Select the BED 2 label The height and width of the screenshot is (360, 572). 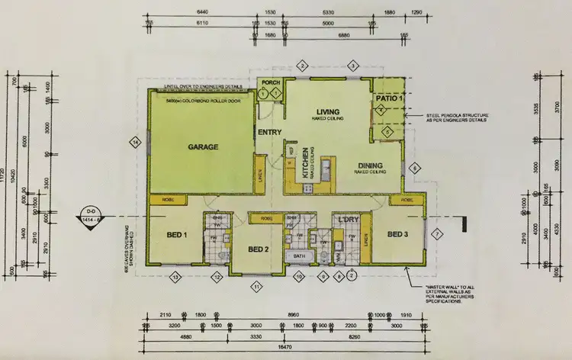point(259,249)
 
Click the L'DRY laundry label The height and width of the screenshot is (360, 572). point(347,220)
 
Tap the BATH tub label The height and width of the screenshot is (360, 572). point(298,257)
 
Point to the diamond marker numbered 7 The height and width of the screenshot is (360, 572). point(437,234)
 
